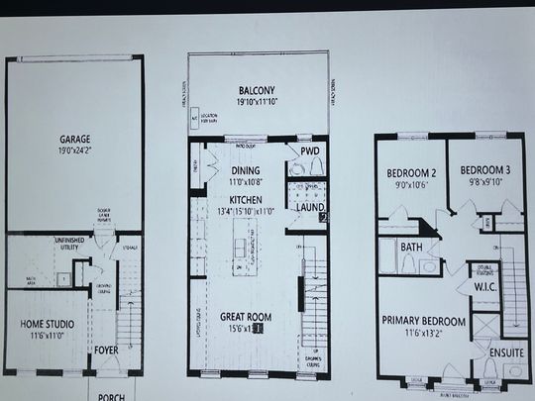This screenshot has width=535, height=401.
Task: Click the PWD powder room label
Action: pos(311,150)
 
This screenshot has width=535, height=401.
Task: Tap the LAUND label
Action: pos(309,207)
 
